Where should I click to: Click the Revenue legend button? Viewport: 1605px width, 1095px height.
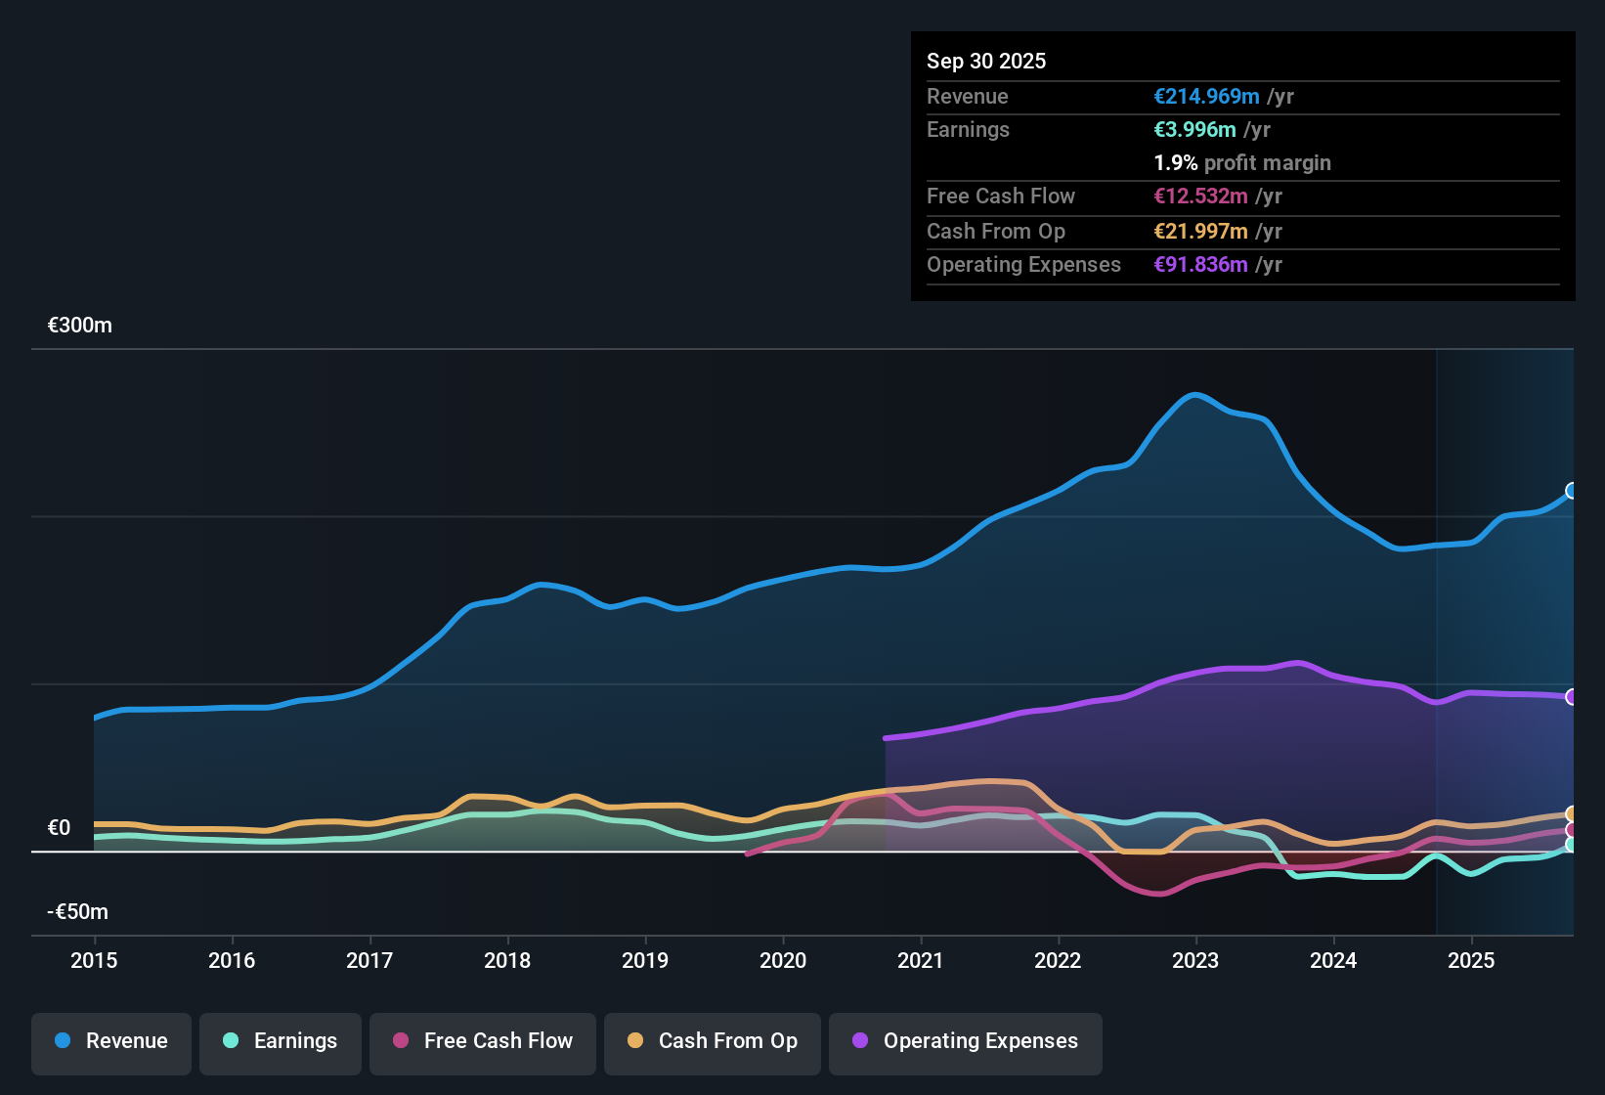pos(111,1041)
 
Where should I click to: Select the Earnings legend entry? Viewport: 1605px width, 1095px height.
pos(281,1041)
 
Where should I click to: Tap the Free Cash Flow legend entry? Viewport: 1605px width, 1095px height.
pos(483,1041)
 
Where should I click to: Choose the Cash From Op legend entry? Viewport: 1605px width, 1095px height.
pos(713,1041)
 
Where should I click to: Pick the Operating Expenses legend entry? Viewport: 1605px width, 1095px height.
pos(966,1041)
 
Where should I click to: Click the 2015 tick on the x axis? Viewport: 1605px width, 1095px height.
pos(94,960)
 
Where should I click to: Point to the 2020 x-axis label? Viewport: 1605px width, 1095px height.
pos(783,960)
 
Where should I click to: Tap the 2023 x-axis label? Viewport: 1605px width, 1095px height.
pos(1195,960)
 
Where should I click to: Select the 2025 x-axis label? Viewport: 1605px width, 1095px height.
pos(1471,960)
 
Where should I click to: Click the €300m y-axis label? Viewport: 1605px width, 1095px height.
pos(80,326)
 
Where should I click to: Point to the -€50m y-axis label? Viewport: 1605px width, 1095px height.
pos(78,912)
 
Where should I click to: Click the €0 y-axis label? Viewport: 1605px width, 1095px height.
pos(60,828)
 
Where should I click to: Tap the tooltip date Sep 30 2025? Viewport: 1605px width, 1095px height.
pos(986,61)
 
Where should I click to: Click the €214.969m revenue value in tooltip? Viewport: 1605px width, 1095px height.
pos(1206,96)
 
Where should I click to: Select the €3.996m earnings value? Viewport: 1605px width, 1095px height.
pos(1194,129)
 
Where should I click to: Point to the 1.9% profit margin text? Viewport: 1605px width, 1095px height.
pos(1242,162)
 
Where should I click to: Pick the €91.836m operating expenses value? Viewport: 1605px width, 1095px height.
pos(1200,264)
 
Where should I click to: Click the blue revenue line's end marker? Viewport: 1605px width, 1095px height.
pos(1572,491)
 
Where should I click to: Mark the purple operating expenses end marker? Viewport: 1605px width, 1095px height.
pos(1572,697)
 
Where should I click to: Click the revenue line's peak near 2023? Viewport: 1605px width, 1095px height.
pos(1194,395)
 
